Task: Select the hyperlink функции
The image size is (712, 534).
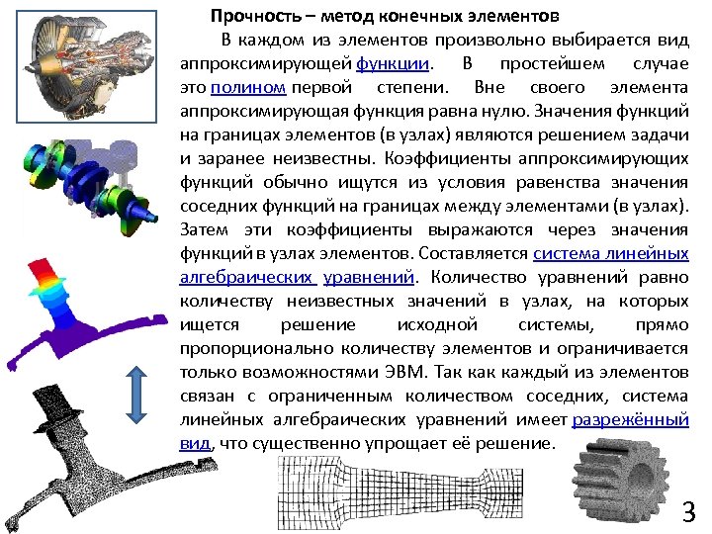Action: coord(393,63)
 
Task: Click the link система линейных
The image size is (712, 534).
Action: coord(610,253)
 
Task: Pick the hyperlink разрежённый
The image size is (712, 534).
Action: coord(630,419)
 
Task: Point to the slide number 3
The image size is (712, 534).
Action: coord(688,512)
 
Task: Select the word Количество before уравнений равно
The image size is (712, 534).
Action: coord(476,277)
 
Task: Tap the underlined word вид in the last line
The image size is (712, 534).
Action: coord(195,443)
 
